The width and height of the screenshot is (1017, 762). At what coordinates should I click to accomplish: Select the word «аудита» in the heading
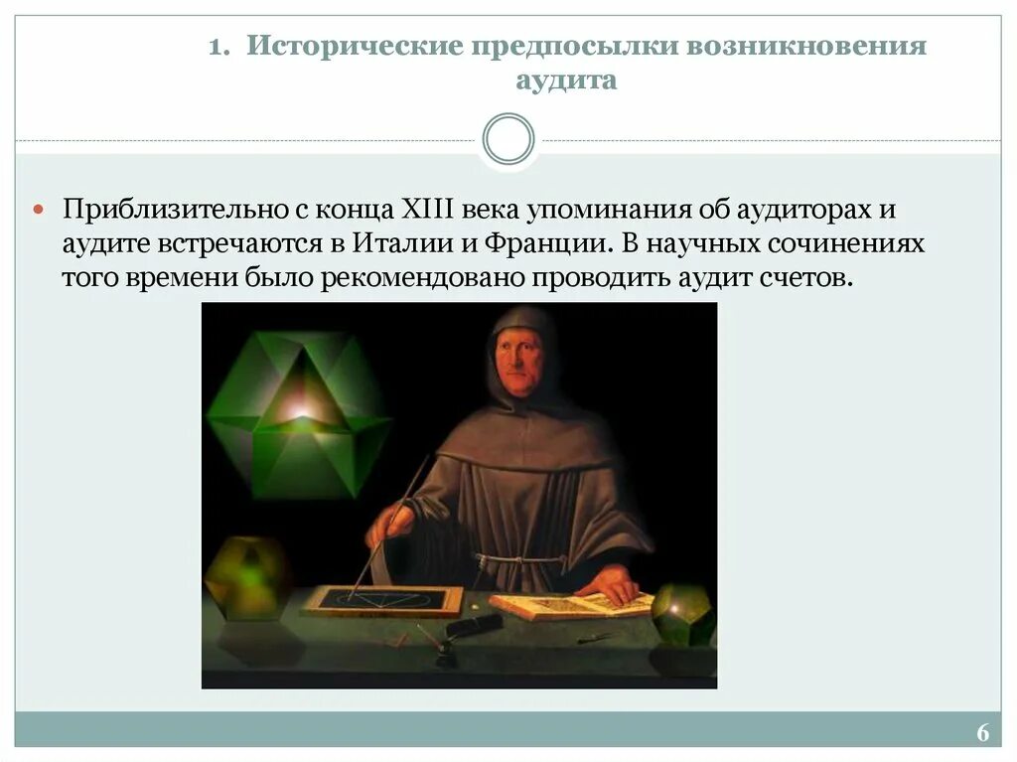point(566,80)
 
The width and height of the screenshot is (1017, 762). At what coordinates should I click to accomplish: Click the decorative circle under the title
point(508,139)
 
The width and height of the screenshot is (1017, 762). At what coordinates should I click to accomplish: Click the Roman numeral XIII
point(428,211)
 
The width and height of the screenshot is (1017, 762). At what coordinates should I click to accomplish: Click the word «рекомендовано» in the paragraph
point(425,277)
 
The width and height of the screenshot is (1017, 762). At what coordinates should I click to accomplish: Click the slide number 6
point(982,733)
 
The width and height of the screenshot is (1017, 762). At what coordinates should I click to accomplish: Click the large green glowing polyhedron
point(298,411)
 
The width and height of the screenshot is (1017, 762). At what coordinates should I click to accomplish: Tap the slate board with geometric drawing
point(383,599)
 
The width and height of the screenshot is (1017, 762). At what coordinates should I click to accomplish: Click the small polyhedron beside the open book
point(682,615)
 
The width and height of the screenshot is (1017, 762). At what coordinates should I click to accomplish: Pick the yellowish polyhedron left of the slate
point(246,577)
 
